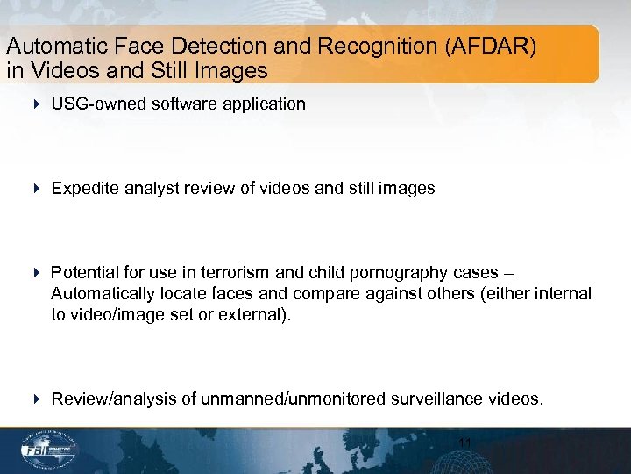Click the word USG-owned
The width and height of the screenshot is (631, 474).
[x=97, y=104]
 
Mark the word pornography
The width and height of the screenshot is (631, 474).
[x=385, y=273]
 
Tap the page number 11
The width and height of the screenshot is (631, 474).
[x=465, y=444]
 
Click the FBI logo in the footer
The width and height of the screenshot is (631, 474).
[x=51, y=449]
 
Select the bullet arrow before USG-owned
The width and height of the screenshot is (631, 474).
[x=36, y=104]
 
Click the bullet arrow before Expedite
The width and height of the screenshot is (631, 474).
[x=36, y=189]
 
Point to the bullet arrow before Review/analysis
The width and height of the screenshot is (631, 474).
[x=36, y=399]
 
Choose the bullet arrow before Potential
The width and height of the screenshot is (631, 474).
[x=36, y=273]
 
